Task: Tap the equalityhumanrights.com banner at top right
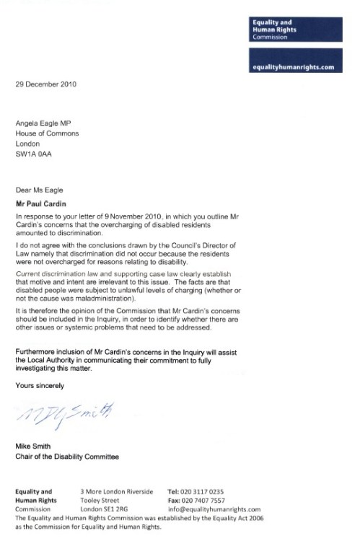(x=297, y=63)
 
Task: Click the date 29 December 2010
(x=46, y=84)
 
